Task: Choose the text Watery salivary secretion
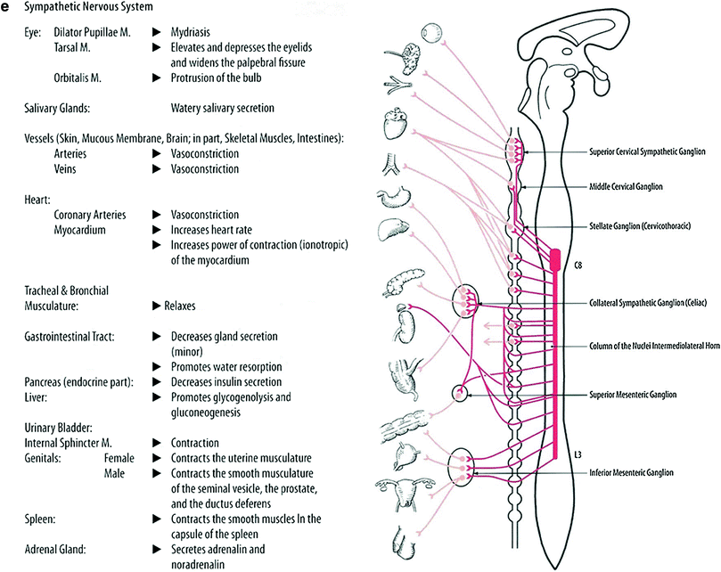point(222,108)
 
